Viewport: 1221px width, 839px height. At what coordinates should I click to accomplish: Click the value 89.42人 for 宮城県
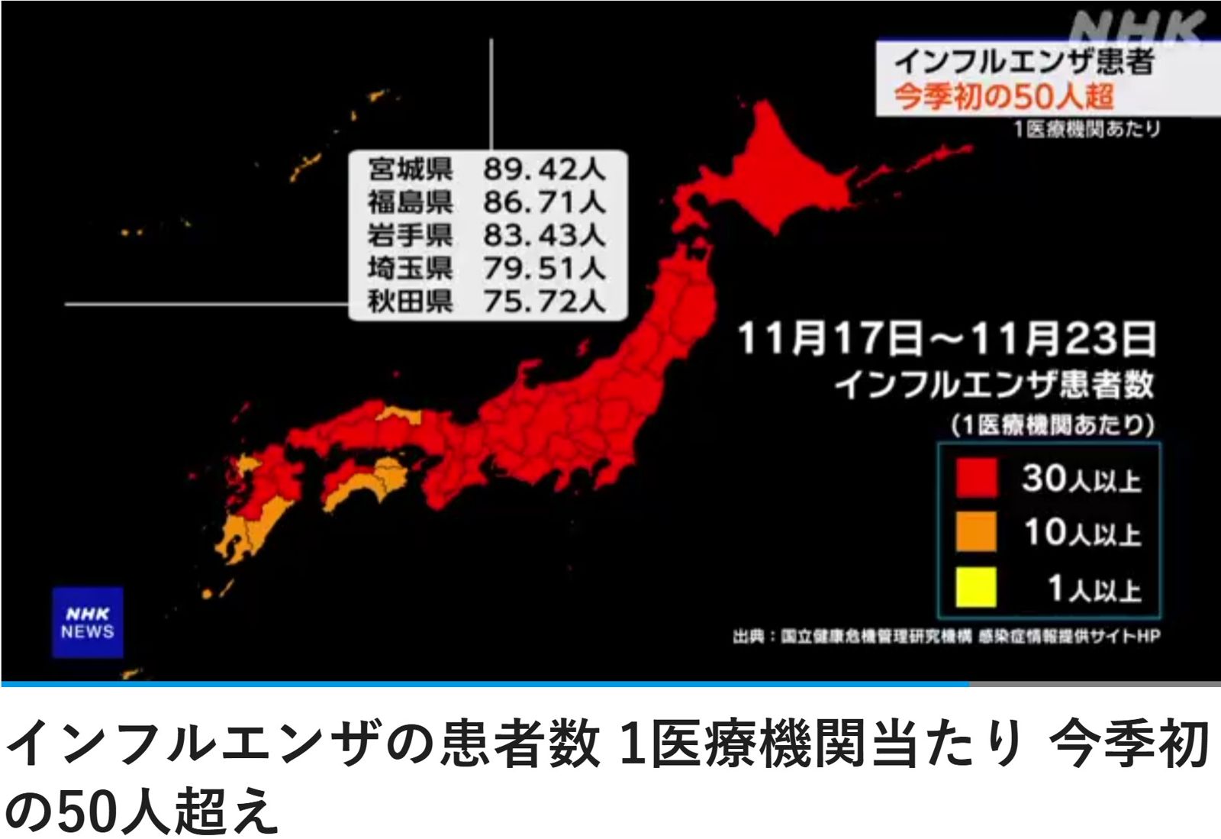click(x=544, y=169)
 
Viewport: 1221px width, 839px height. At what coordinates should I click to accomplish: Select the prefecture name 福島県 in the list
click(x=410, y=202)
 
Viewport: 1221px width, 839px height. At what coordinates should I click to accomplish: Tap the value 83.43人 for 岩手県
click(x=544, y=235)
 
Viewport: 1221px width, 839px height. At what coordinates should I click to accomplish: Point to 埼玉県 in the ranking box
click(x=410, y=269)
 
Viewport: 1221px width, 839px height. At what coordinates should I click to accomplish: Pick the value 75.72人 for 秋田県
click(x=544, y=302)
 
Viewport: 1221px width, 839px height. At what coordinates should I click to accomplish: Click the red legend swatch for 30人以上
click(x=976, y=478)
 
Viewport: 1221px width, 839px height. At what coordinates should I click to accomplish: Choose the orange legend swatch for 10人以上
click(x=976, y=531)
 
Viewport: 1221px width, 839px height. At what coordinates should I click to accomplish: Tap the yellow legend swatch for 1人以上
click(x=976, y=587)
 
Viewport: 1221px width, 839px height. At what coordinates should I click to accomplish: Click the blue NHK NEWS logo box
click(x=88, y=622)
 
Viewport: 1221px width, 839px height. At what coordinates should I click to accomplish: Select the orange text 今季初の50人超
click(x=1004, y=97)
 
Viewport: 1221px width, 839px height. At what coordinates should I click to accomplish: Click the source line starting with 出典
click(x=946, y=636)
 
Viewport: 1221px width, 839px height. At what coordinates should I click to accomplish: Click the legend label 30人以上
click(x=1081, y=479)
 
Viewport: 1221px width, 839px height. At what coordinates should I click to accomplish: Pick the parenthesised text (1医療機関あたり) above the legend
click(x=1052, y=424)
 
